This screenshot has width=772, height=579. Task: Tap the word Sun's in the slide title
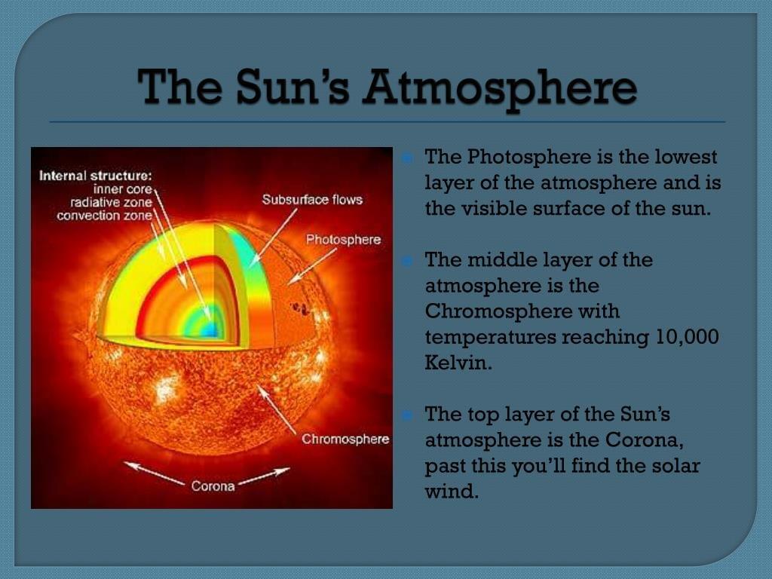click(293, 87)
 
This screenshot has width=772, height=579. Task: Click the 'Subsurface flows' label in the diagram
click(312, 199)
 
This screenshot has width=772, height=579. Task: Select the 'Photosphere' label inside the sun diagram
click(343, 240)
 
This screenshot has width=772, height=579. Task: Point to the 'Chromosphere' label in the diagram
click(345, 439)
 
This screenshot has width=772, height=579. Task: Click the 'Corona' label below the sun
click(213, 486)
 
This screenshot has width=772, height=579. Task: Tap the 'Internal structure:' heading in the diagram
click(96, 176)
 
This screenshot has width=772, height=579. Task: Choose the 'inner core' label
click(123, 189)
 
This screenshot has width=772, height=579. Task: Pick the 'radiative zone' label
click(112, 202)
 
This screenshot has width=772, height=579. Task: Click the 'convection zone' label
click(104, 216)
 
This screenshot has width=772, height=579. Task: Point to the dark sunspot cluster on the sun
click(300, 309)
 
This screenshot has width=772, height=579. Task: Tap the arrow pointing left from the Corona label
click(154, 473)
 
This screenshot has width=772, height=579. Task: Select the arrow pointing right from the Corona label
click(263, 476)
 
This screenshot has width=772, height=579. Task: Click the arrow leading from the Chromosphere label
click(277, 409)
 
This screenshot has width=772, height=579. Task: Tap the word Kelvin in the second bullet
click(458, 363)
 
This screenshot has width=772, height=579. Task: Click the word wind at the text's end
click(452, 491)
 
